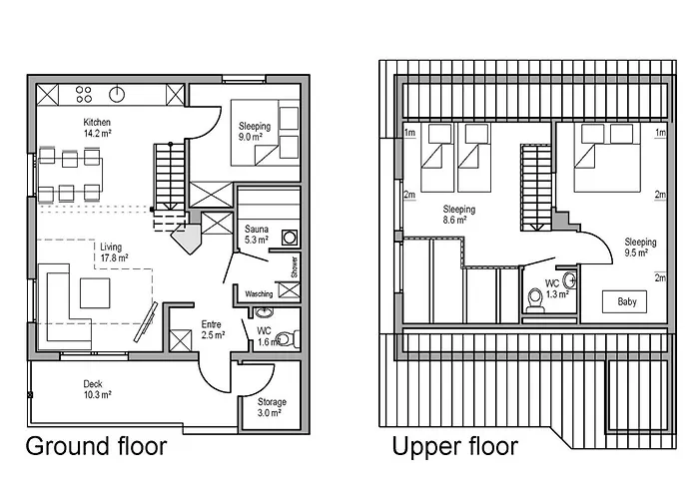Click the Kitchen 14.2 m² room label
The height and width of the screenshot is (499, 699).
coord(97,128)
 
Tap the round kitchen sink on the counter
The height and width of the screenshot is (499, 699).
coord(117,94)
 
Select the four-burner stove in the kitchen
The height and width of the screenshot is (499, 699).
coord(83,94)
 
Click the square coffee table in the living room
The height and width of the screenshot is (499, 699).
coord(95,292)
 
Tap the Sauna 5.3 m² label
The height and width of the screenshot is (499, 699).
coord(257,235)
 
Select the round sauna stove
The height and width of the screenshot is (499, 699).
coord(290,238)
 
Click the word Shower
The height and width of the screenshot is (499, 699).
coord(295,266)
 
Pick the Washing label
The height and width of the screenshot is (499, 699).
coord(259,294)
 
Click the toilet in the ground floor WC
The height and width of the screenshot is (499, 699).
coord(288,339)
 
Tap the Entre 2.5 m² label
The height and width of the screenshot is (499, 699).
coord(213,329)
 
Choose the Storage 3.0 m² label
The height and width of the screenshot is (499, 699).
coord(272,407)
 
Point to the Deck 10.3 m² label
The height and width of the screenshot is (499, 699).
coord(97,389)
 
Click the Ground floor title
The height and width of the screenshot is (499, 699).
coord(96,446)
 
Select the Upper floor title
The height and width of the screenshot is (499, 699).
coord(455,446)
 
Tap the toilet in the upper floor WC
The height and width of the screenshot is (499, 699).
coord(535,299)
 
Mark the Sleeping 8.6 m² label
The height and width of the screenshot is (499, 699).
coord(458,215)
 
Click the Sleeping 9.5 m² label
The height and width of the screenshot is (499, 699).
coord(640,248)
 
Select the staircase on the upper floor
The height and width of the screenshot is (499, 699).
coord(537,188)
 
